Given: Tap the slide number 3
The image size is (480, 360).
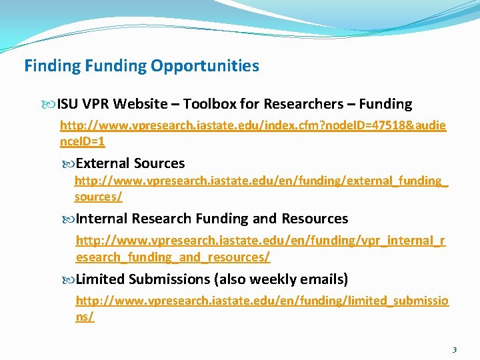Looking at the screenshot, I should point(454,349).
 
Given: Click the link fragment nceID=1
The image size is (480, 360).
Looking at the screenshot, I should point(83,142).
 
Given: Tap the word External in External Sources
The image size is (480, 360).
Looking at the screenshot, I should point(103,163).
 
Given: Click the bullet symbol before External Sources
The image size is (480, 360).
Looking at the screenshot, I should point(70,164).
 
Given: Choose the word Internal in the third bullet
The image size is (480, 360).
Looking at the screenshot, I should point(103,219).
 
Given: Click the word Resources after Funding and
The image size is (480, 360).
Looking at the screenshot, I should point(315,219).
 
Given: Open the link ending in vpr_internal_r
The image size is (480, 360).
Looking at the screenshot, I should point(261,240).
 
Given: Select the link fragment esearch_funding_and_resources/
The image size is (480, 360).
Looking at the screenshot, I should point(173,257).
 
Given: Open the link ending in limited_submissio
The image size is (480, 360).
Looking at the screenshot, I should point(262,301).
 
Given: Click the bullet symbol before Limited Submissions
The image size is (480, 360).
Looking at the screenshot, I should point(70,279).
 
